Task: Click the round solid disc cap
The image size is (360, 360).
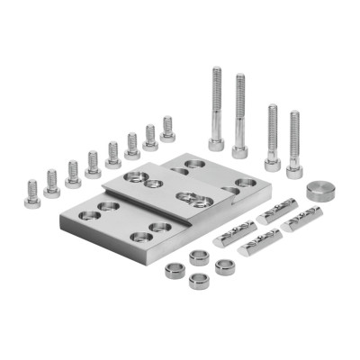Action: pos(319,191)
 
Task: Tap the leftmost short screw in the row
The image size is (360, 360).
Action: pos(32,194)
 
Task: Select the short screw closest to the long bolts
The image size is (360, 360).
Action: pos(167,130)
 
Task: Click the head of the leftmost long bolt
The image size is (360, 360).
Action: pos(217,143)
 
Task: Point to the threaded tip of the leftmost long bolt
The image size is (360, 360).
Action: pos(216,72)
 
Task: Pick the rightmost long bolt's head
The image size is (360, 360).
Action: pos(294,169)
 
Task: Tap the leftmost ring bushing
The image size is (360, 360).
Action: pos(175,270)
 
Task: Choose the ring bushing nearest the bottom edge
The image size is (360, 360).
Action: pos(199,280)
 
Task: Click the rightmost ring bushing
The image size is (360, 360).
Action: pos(225,266)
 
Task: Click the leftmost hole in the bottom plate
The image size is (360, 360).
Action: pos(89,216)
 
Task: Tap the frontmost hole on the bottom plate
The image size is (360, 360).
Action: pos(141,238)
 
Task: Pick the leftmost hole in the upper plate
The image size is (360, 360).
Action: pos(134,177)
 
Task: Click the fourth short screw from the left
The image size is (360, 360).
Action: pos(93,165)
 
